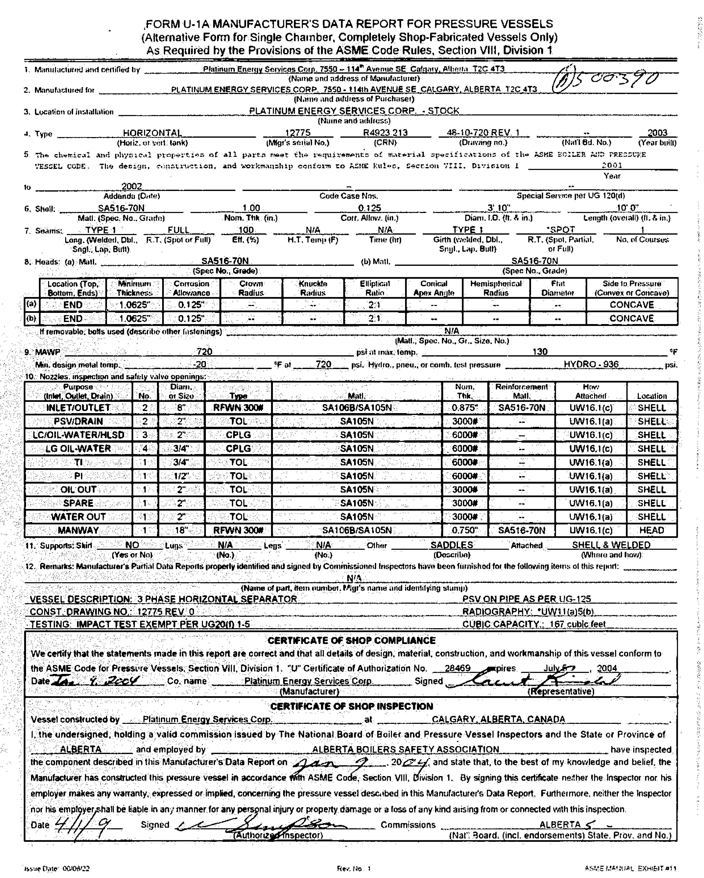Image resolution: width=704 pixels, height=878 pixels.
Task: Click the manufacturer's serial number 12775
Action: (x=298, y=133)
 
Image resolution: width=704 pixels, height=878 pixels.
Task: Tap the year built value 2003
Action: (x=657, y=133)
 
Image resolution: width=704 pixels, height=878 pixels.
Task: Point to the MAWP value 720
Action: (x=204, y=352)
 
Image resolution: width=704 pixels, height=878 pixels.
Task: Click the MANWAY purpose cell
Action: (x=78, y=530)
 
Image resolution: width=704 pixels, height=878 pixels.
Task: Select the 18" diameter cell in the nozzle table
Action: (x=181, y=530)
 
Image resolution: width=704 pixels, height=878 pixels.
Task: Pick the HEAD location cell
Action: (x=651, y=530)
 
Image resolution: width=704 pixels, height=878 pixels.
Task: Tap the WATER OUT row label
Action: (x=78, y=517)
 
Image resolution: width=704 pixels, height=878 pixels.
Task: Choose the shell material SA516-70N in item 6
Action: (x=121, y=208)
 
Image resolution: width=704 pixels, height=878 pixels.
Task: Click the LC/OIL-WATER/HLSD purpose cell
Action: (x=78, y=435)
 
